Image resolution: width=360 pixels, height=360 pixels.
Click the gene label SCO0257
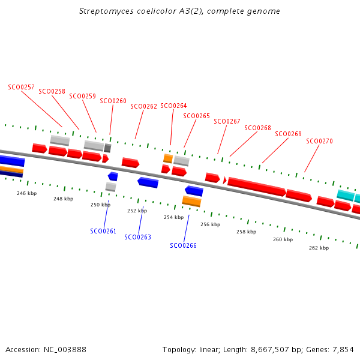(x=21, y=87)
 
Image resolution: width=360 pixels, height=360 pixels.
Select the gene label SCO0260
(x=113, y=101)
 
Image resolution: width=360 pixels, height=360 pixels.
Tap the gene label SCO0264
(x=173, y=106)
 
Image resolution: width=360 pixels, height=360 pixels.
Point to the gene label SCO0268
(x=257, y=128)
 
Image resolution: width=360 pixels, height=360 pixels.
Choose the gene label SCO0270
(x=319, y=141)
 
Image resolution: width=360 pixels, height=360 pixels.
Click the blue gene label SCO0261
(x=103, y=231)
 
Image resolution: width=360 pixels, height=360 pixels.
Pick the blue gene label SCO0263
(x=137, y=237)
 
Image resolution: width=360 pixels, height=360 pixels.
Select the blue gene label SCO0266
(x=183, y=245)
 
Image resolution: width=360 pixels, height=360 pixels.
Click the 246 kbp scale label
(x=26, y=193)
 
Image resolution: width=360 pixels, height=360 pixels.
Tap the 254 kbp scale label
(x=173, y=217)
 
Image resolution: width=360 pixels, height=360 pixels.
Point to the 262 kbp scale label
(x=319, y=247)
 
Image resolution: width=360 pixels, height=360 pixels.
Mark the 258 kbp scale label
(x=246, y=232)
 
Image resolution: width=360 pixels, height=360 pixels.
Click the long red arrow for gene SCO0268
(x=257, y=187)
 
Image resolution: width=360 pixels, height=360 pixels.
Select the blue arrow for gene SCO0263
(x=148, y=182)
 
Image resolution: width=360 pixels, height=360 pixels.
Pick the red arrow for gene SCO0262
(x=130, y=163)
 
